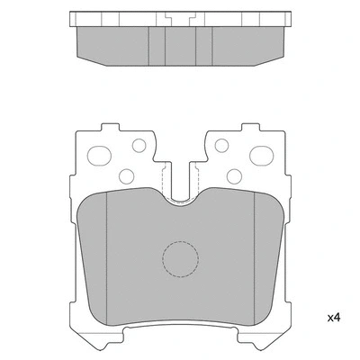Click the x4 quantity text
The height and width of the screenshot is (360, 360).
(x=332, y=316)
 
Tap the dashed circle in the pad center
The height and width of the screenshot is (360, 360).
(x=179, y=260)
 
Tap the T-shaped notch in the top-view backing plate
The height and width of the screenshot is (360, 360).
(x=179, y=20)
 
